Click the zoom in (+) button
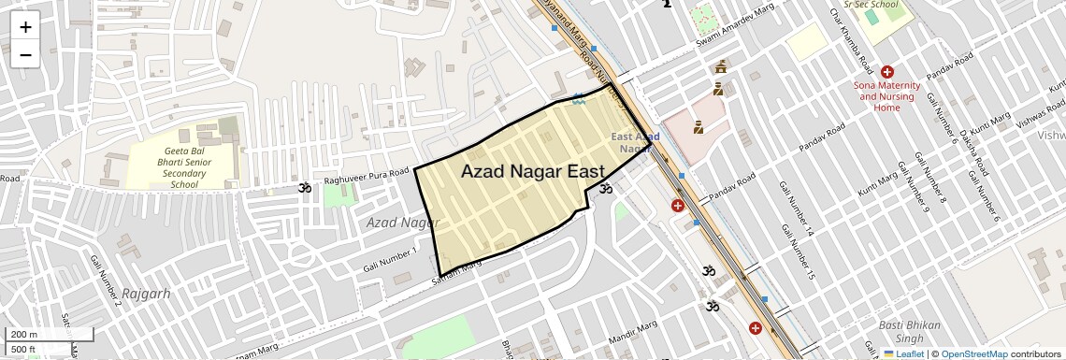[x=25, y=27]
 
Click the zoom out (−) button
[x=25, y=54]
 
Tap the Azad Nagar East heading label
[x=532, y=171]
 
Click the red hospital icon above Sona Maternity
[x=886, y=72]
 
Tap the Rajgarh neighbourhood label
[x=146, y=293]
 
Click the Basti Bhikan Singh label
[x=901, y=331]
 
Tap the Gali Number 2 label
[x=106, y=281]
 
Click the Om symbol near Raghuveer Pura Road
[x=304, y=190]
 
